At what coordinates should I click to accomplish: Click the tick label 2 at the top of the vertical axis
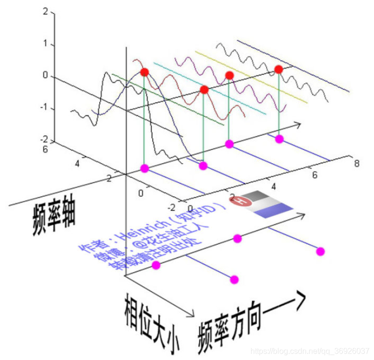pyautogui.click(x=45, y=11)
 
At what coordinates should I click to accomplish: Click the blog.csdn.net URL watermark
pyautogui.click(x=309, y=351)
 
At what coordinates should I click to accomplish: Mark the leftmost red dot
pyautogui.click(x=145, y=73)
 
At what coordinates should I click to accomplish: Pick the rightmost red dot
pyautogui.click(x=279, y=69)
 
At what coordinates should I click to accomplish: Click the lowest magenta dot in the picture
pyautogui.click(x=234, y=279)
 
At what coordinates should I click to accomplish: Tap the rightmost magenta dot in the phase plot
pyautogui.click(x=320, y=252)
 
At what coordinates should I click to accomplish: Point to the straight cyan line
pyautogui.click(x=210, y=88)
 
